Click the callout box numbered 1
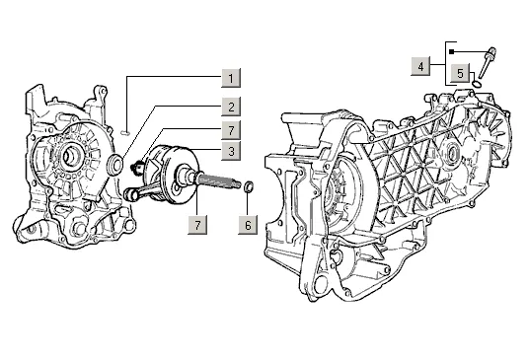[x=231, y=78]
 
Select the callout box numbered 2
[x=231, y=107]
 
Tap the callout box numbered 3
[x=231, y=151]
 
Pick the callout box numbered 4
[x=420, y=66]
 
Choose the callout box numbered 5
[x=460, y=73]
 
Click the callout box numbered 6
[x=248, y=225]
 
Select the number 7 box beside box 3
[x=231, y=130]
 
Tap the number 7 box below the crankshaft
[x=197, y=225]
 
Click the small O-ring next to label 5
[x=477, y=83]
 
